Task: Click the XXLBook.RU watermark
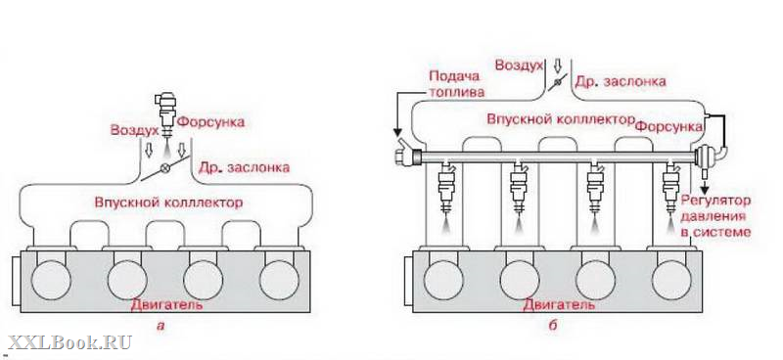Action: pos(69,343)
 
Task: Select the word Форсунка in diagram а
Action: pos(211,122)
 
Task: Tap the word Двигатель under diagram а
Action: pos(166,304)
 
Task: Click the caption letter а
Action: pos(161,327)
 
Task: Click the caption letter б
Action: pos(552,326)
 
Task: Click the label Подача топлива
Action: pos(454,84)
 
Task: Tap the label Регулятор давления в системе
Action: pos(716,216)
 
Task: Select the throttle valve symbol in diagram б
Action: pos(557,82)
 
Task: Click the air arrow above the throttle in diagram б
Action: pos(558,65)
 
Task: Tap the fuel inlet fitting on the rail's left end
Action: pos(405,154)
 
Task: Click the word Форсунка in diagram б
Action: pos(668,127)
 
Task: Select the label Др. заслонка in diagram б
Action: pos(621,81)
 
